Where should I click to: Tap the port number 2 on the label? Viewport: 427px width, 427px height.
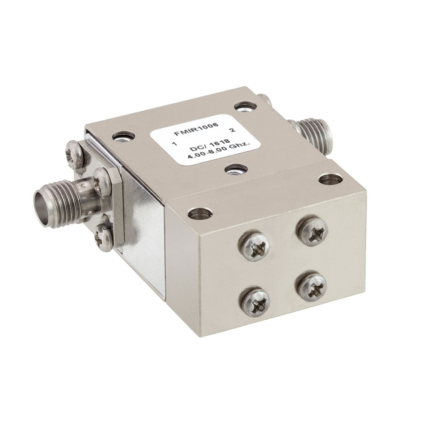233,130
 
